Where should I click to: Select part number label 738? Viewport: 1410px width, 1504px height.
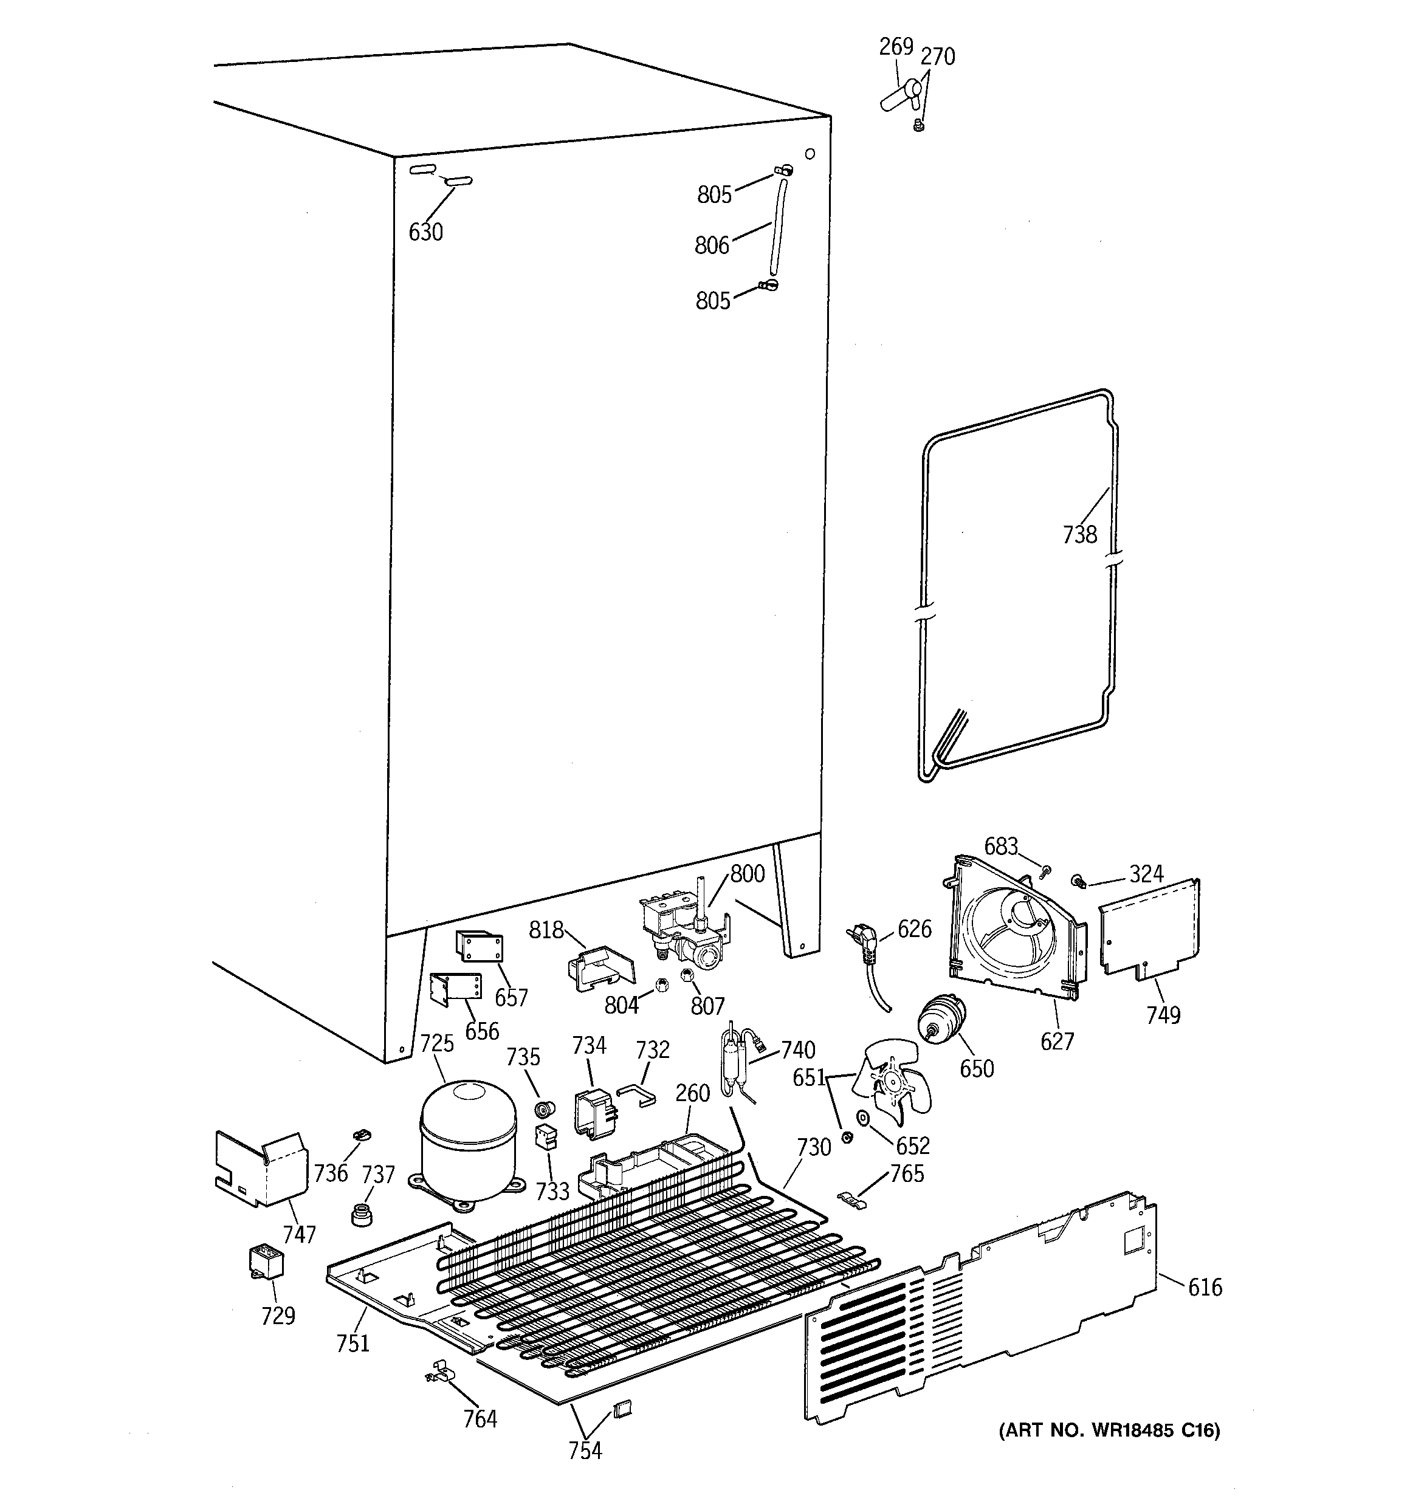1079,535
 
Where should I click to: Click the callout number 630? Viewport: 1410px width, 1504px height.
425,232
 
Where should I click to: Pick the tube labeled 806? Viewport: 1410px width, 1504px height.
777,227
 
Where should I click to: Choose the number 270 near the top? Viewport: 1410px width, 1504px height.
938,57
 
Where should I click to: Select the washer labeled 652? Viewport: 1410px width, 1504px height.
862,1118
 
